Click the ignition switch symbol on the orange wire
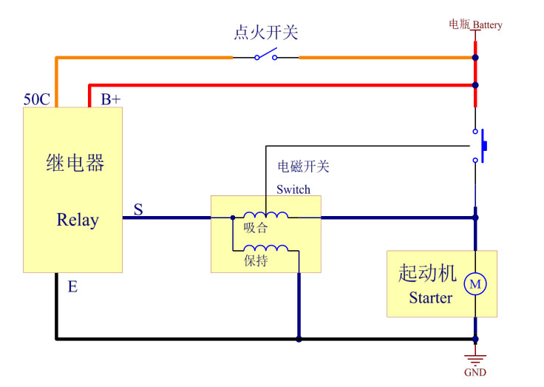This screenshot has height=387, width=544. coord(266,55)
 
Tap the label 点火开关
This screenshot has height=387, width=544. coord(266,33)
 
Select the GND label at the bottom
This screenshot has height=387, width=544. coord(475,372)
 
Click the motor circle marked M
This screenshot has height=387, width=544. coord(475,283)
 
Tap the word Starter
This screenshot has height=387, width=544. coord(430,298)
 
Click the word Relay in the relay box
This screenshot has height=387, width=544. coord(78,220)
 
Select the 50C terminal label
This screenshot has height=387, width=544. coord(37,99)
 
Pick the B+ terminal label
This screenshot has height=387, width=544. coord(111,99)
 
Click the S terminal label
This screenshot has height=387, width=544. coord(138,209)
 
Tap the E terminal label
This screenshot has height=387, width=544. coord(72,287)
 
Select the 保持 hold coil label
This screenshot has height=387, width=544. coord(255,261)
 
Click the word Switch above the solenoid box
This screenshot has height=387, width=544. coord(293,189)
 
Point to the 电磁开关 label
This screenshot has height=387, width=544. coord(303,166)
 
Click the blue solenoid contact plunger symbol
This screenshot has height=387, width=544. coord(483,146)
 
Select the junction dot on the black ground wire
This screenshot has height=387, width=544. coord(299,340)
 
